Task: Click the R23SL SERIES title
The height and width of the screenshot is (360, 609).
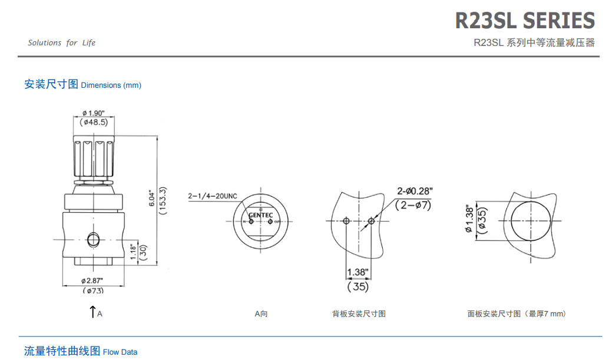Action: (x=525, y=21)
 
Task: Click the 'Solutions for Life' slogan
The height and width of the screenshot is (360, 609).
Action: (x=61, y=42)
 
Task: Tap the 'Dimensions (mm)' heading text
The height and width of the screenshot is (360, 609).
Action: (x=111, y=85)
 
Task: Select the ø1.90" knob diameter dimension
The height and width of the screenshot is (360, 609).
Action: (x=94, y=113)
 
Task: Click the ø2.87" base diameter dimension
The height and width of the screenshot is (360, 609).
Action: (x=92, y=280)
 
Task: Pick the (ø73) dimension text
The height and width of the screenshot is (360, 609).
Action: (x=93, y=290)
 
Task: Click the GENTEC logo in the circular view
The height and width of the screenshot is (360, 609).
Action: (x=260, y=215)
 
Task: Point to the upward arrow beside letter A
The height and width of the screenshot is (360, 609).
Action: (x=92, y=312)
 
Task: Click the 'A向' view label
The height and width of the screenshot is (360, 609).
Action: (x=261, y=314)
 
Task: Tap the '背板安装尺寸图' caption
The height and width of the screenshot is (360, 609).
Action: (x=359, y=314)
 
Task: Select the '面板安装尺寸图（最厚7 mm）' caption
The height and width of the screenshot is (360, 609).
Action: (x=517, y=314)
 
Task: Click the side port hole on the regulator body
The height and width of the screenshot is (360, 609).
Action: (x=93, y=239)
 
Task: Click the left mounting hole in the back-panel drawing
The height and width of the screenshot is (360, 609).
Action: (x=346, y=221)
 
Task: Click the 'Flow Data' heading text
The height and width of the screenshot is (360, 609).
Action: (x=120, y=352)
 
